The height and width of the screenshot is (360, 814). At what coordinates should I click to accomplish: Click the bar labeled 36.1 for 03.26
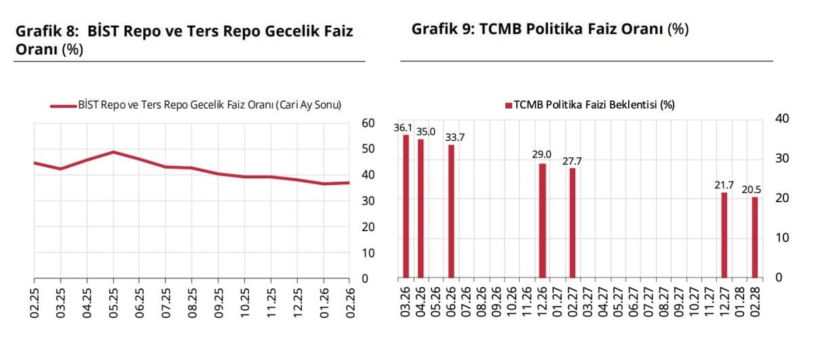tap(406, 206)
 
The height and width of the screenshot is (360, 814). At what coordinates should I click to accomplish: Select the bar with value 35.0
tap(421, 208)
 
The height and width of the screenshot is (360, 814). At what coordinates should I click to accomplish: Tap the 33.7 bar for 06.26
tap(451, 211)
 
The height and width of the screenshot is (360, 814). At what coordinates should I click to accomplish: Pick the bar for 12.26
tap(542, 220)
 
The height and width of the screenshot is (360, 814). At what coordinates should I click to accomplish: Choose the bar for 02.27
tap(572, 223)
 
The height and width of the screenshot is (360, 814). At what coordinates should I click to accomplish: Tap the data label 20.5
tap(751, 190)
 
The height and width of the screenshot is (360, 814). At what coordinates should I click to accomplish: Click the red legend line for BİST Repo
tap(63, 106)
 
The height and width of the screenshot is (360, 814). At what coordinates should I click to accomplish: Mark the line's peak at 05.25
tap(113, 152)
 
